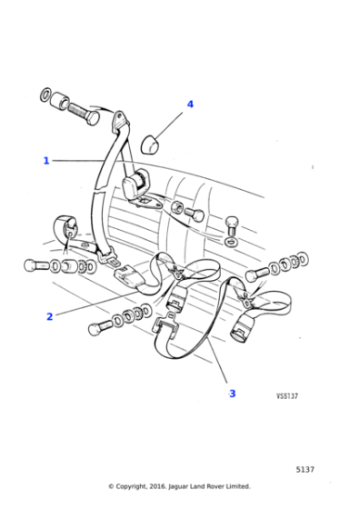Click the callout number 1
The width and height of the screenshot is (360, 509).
[x=46, y=161]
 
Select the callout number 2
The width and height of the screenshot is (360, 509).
[x=50, y=316]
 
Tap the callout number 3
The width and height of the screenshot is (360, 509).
[x=232, y=394]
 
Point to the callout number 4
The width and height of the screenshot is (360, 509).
[x=190, y=105]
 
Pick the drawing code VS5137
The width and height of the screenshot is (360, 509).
[x=287, y=396]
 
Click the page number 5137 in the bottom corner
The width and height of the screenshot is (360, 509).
[x=305, y=469]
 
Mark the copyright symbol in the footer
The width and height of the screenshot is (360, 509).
[x=111, y=486]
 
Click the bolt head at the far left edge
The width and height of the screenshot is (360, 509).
[x=32, y=265]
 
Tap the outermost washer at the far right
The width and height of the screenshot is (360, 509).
[x=304, y=260]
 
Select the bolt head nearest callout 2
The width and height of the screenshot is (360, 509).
[x=95, y=328]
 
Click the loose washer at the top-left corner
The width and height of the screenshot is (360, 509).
[x=45, y=94]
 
